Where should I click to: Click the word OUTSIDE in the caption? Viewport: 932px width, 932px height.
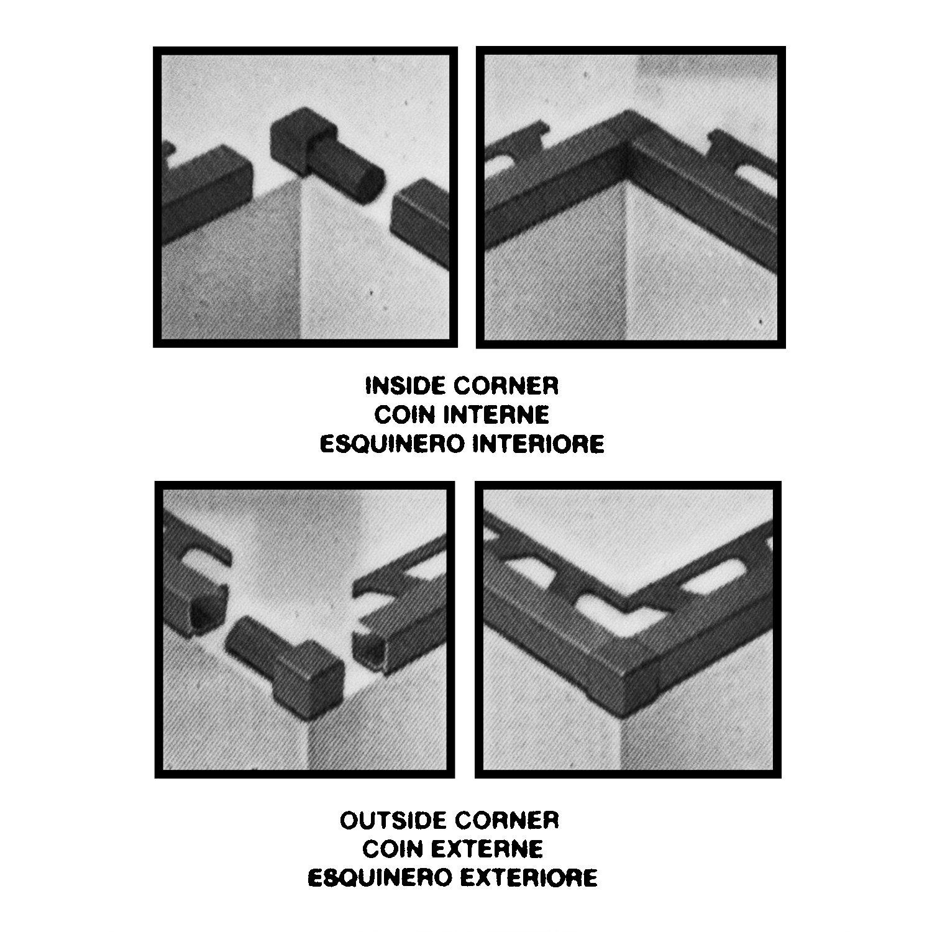point(391,820)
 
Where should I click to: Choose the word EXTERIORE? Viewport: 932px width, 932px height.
point(532,877)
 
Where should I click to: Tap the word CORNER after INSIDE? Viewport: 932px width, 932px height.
point(506,386)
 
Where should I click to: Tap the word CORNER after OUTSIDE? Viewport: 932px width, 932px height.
point(506,820)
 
